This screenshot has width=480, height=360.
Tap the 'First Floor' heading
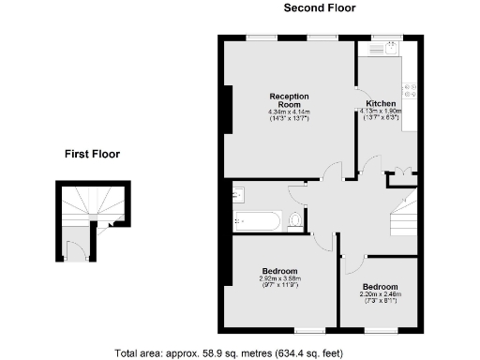point(92,154)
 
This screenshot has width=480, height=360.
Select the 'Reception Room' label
point(290,100)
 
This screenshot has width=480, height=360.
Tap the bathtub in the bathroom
point(256,221)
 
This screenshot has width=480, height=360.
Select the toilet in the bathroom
point(297,220)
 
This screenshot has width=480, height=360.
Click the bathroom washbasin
point(238,194)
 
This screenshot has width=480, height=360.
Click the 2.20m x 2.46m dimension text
point(380,293)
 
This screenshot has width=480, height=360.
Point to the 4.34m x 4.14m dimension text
point(290,112)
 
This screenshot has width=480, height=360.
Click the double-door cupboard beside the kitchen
point(402,174)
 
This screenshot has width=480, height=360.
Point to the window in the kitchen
point(384,37)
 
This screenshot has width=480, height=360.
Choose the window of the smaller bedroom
point(380,330)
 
